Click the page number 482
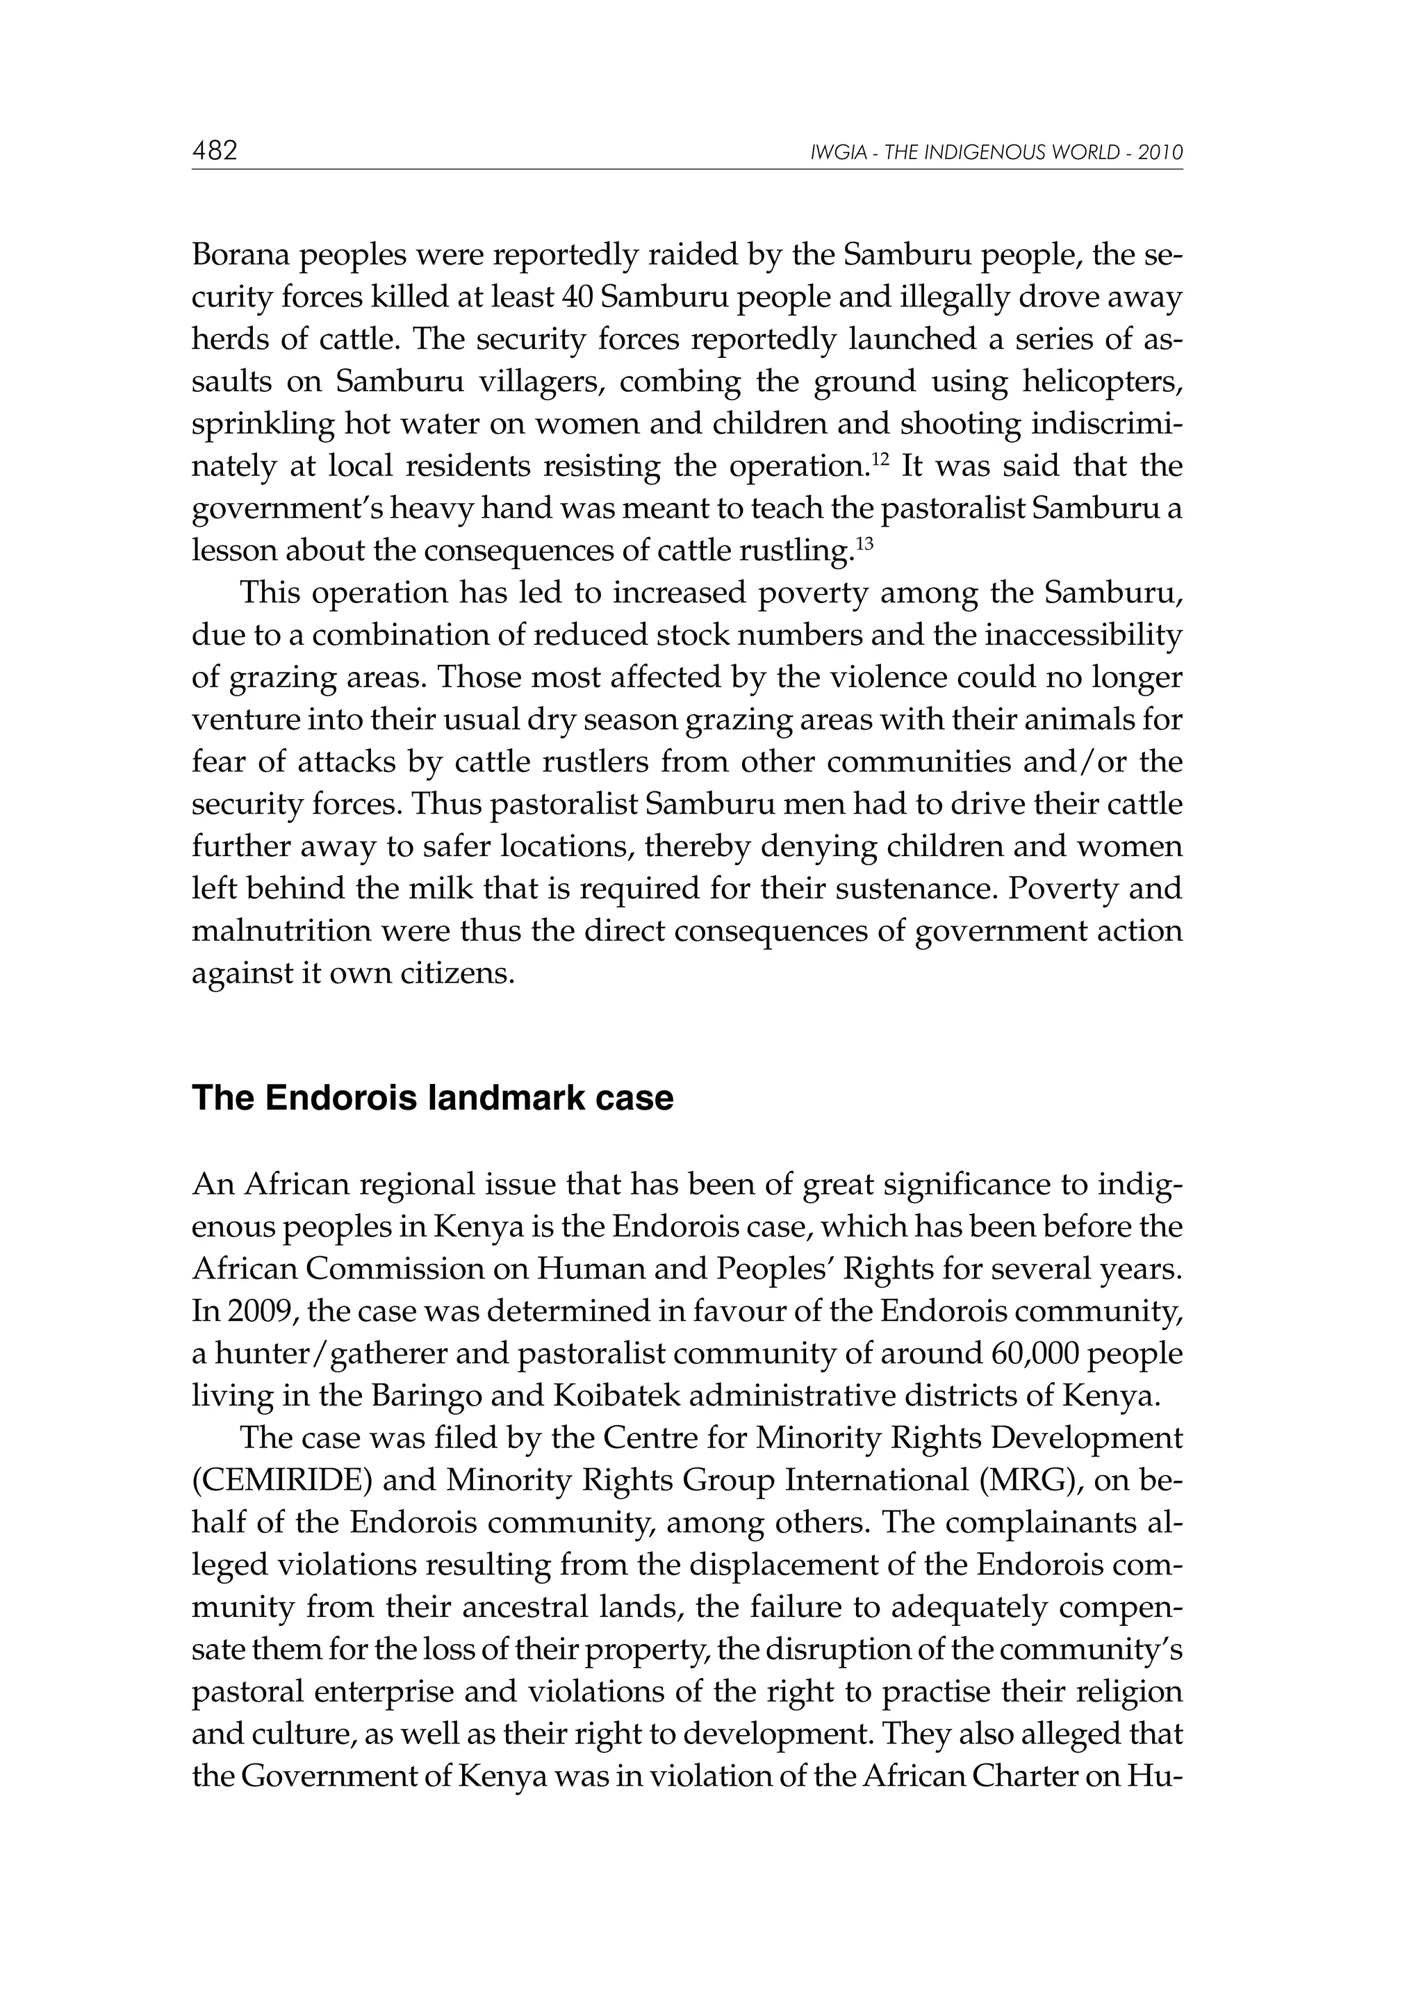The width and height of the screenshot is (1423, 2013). point(215,151)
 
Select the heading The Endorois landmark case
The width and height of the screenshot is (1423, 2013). point(432,1098)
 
